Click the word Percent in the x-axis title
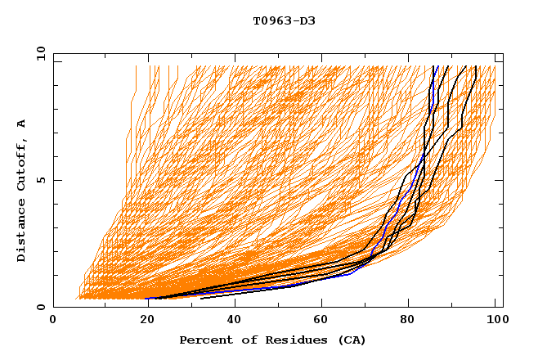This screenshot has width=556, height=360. pos(204,340)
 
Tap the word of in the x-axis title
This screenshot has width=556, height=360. pos(244,340)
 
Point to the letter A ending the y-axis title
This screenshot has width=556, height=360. pos(22,124)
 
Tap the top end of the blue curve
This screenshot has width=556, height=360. pos(437,66)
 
